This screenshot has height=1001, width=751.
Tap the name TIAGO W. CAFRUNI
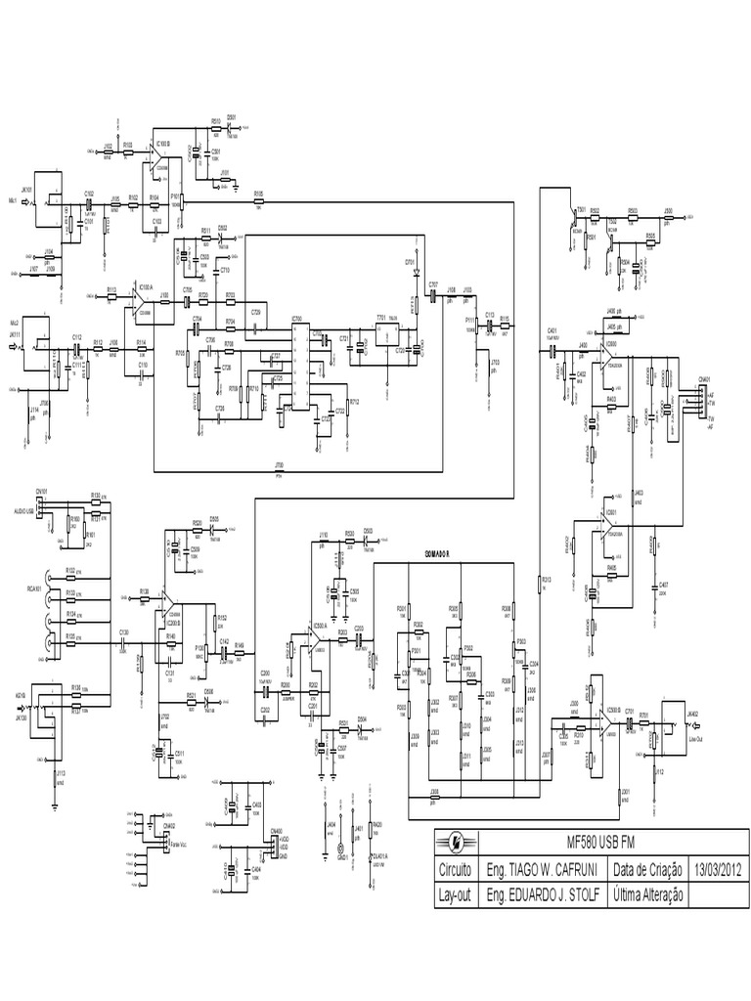point(543,868)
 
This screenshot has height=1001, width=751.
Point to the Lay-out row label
point(456,893)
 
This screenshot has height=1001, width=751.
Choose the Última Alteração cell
point(649,893)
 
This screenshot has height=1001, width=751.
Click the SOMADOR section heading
point(436,554)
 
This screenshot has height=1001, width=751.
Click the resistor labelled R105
point(258,200)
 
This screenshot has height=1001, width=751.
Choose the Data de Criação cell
point(649,868)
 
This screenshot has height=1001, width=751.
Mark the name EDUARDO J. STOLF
point(543,893)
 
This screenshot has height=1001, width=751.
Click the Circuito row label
point(456,868)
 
